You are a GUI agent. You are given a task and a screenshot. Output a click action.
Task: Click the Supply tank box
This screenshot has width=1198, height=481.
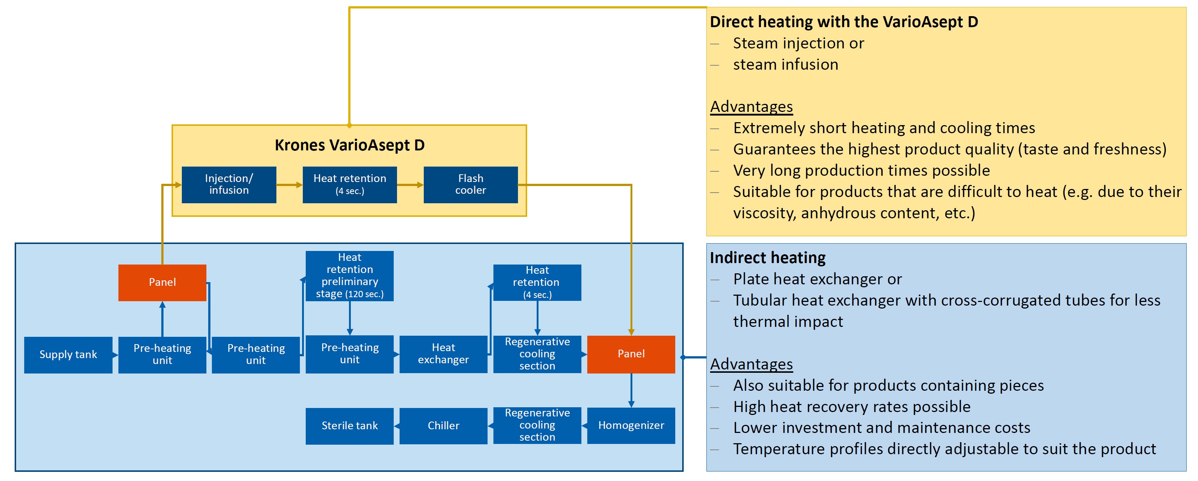(68, 355)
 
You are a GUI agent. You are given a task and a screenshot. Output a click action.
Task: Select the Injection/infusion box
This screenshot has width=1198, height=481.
(229, 185)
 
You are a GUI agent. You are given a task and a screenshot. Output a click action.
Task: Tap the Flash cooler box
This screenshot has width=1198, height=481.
(471, 185)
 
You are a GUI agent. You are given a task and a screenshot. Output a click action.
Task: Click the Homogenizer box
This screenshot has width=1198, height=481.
(631, 426)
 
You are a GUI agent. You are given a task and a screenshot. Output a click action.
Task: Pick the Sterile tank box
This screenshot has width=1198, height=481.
(350, 426)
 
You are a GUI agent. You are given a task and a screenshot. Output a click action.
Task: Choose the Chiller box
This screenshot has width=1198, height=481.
(444, 426)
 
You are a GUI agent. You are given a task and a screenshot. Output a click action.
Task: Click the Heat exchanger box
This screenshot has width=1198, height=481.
(444, 354)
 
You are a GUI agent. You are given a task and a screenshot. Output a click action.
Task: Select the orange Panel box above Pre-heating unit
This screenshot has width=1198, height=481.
(162, 283)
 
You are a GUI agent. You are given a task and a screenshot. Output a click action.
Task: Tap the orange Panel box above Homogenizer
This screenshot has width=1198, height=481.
(631, 354)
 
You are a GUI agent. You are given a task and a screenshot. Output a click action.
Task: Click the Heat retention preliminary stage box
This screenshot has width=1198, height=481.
(350, 276)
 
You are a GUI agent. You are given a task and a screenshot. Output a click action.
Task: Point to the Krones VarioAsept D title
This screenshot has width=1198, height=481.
(350, 145)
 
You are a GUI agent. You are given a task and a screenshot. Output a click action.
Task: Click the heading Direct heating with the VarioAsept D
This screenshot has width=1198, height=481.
(844, 22)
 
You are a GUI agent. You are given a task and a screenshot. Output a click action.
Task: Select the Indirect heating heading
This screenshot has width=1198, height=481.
(768, 258)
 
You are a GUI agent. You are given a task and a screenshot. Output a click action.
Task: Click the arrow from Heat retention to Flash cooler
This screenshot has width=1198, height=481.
(410, 185)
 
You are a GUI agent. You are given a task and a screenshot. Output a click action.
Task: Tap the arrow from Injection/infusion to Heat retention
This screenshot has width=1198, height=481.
(289, 185)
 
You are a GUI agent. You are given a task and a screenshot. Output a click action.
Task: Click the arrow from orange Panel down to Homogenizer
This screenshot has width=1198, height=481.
(631, 390)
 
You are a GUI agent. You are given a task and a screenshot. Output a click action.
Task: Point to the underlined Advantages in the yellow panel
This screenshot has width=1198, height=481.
(751, 107)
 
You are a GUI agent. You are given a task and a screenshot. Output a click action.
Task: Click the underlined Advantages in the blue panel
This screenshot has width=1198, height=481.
(751, 364)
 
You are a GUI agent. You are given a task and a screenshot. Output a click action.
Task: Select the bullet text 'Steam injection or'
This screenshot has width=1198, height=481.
(798, 43)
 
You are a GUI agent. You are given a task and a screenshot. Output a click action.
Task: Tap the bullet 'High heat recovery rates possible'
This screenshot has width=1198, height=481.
(852, 407)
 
